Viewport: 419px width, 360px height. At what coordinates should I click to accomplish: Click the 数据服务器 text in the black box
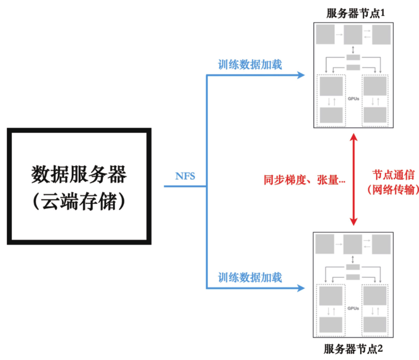coord(79,174)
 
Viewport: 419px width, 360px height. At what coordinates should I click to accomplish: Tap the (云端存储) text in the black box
coord(79,201)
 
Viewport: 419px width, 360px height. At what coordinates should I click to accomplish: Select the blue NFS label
coord(185,176)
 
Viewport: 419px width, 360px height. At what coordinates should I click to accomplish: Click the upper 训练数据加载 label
coord(250,65)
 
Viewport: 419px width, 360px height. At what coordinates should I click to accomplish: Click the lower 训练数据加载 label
coord(250,278)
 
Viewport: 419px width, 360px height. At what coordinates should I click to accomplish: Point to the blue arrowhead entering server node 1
coord(301,75)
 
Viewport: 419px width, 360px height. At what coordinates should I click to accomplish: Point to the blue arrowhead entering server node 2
coord(301,288)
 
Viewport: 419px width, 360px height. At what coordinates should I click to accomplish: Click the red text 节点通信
coord(393,175)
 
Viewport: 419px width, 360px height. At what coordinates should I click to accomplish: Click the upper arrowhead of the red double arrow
coord(354,137)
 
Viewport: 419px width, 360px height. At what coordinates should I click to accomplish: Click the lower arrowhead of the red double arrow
coord(354,221)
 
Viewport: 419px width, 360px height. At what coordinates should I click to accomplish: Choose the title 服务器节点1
coord(355,13)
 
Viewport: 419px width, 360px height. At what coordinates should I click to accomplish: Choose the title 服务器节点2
coord(353,349)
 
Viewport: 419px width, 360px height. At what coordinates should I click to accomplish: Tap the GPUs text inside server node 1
coord(353,99)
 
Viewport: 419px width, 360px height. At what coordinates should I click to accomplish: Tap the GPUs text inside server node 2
coord(353,308)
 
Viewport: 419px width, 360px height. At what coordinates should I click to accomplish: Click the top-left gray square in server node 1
coord(325,35)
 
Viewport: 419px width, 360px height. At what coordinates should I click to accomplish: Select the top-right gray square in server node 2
coord(381,244)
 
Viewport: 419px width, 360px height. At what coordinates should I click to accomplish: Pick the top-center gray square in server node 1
coord(353,35)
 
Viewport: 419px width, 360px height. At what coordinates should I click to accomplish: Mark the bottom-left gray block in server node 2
coord(331,325)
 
